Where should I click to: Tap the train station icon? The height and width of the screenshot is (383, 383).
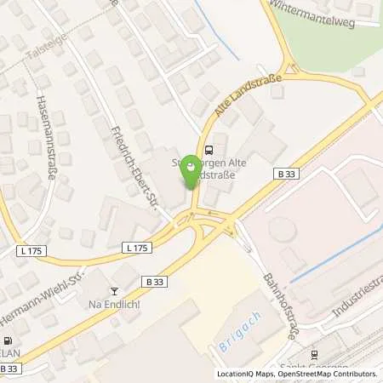313,355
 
